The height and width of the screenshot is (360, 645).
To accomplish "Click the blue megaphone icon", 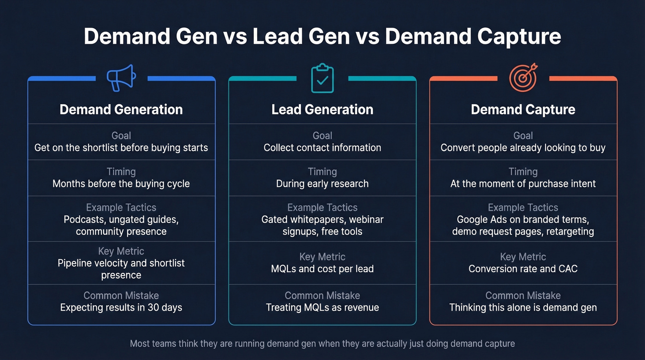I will click(121, 78).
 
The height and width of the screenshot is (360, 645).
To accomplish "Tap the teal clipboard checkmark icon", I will click(322, 79).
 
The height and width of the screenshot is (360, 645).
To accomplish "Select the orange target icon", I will click(523, 77).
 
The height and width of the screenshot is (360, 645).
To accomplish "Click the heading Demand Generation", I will click(121, 110).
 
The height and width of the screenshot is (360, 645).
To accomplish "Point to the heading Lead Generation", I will click(322, 110).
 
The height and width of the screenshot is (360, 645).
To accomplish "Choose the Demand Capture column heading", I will click(523, 110).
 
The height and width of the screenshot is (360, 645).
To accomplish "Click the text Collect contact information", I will click(322, 148).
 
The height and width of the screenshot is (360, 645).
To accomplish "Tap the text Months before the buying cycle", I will click(121, 184).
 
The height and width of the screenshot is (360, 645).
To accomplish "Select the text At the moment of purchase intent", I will click(523, 184).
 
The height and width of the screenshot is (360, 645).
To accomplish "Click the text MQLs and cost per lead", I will click(322, 269).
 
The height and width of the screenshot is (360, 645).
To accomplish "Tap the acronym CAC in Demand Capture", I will click(568, 269).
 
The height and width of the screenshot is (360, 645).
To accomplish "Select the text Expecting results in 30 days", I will click(121, 307).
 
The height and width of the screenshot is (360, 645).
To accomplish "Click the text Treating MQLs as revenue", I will click(322, 307).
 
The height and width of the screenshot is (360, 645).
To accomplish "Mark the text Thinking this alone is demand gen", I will click(523, 307).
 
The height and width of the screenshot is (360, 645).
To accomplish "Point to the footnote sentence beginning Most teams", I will click(322, 343).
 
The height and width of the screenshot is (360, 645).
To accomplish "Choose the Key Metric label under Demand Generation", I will click(121, 251).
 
